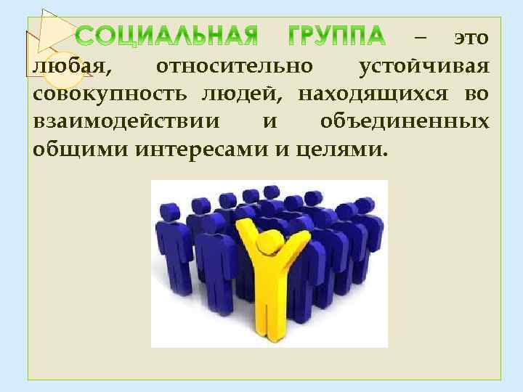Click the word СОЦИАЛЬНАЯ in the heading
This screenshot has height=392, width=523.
point(166,36)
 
